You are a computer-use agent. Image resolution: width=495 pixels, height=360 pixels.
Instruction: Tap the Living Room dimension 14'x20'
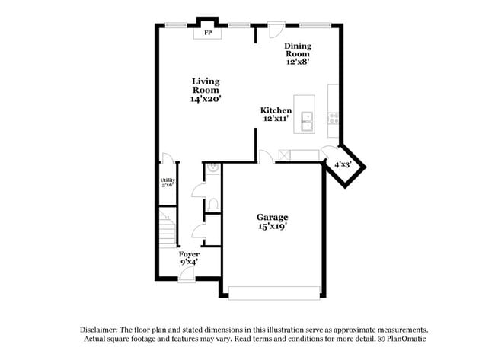[x=206, y=100]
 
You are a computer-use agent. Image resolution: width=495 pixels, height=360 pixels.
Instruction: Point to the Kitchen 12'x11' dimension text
[x=276, y=119]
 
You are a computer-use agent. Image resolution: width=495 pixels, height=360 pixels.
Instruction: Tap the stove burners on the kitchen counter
[x=334, y=118]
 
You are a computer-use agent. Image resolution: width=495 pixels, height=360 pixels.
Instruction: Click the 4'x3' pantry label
[x=342, y=164]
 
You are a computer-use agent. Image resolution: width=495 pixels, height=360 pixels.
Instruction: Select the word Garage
[x=272, y=217]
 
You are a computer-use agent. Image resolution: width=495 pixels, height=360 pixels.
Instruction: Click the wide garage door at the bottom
[x=273, y=292]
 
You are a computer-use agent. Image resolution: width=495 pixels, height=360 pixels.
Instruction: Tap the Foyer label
[x=189, y=253]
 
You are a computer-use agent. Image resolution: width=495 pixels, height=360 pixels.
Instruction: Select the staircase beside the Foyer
[x=167, y=228]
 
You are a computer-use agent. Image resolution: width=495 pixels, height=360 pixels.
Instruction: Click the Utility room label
[x=168, y=180]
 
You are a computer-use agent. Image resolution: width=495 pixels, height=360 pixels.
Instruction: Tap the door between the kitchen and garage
[x=264, y=157]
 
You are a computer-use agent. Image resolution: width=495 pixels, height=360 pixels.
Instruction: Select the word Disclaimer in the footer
[x=101, y=329]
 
